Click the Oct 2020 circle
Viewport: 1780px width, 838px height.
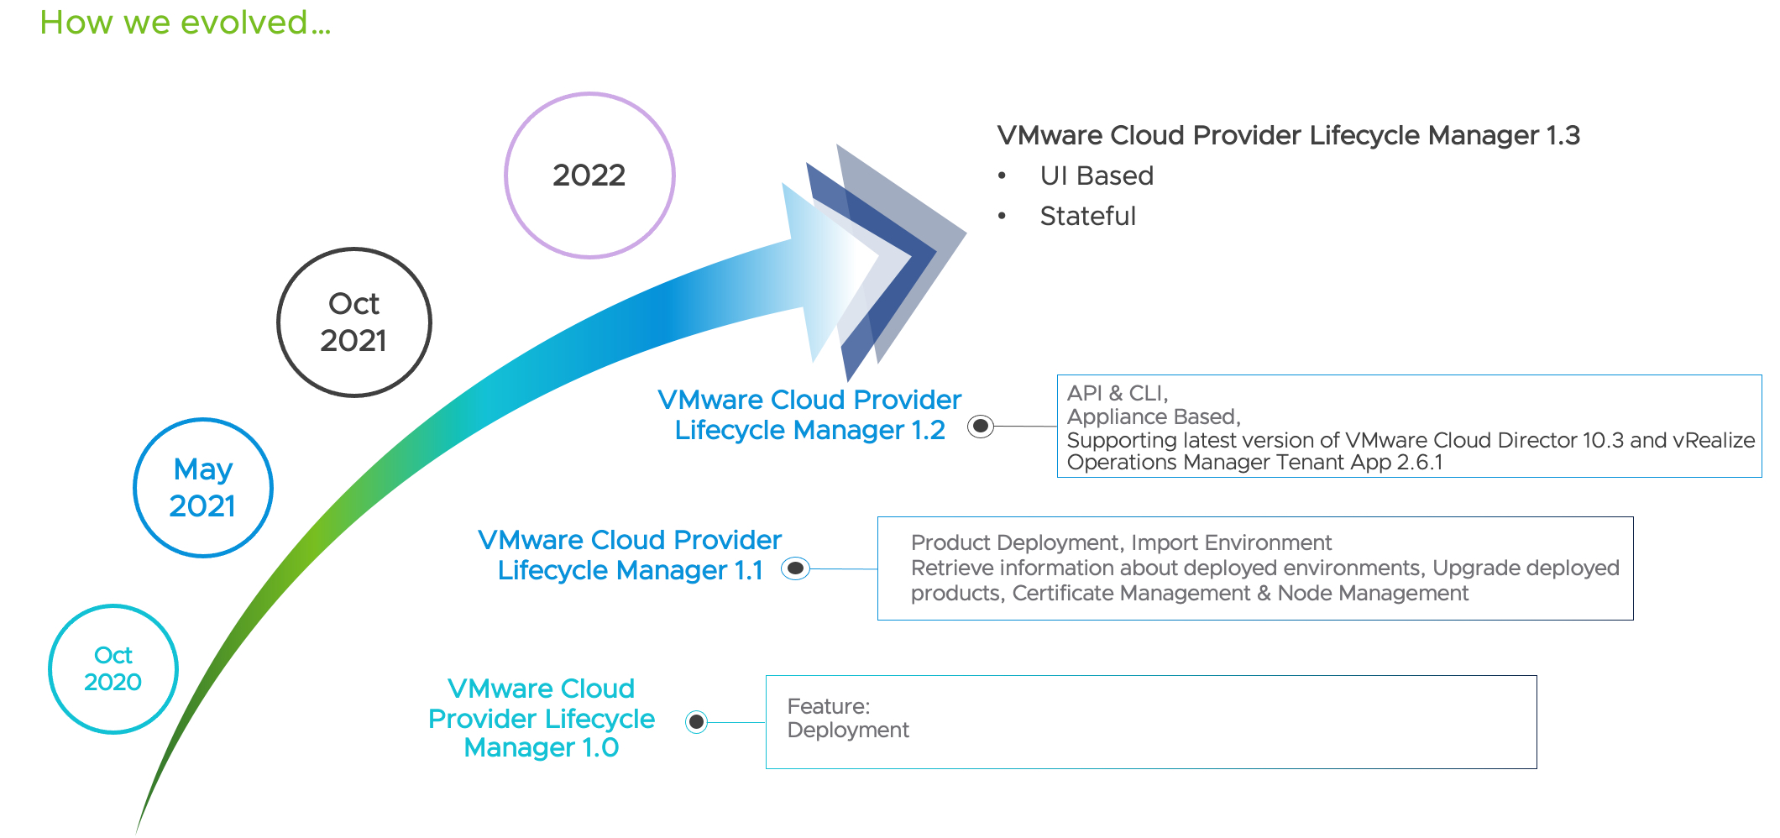coord(113,668)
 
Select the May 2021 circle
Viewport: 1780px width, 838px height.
coord(203,487)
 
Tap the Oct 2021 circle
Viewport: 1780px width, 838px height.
coord(353,322)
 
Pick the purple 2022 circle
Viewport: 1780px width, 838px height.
coord(589,175)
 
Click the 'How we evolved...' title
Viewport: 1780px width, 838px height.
coord(185,23)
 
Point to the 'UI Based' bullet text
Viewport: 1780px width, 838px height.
coord(1097,175)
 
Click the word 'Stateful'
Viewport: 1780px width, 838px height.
coord(1087,216)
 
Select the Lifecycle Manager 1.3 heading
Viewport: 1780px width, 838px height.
coord(1288,135)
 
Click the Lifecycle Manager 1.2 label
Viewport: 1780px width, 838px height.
coord(809,415)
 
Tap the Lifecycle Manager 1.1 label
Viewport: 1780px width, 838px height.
coord(630,555)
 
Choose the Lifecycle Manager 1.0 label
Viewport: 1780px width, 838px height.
coord(542,718)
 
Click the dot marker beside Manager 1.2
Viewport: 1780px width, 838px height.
coord(980,426)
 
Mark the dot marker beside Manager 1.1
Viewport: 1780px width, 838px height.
coord(795,568)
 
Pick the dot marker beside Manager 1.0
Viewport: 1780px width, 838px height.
coord(696,721)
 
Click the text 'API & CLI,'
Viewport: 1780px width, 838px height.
coord(1117,393)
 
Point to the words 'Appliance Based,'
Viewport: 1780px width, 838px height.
coord(1153,416)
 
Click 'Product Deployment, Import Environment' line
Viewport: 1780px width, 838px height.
coord(1121,542)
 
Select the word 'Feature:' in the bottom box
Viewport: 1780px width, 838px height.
coord(828,706)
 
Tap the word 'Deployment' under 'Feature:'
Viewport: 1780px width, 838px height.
coord(848,730)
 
